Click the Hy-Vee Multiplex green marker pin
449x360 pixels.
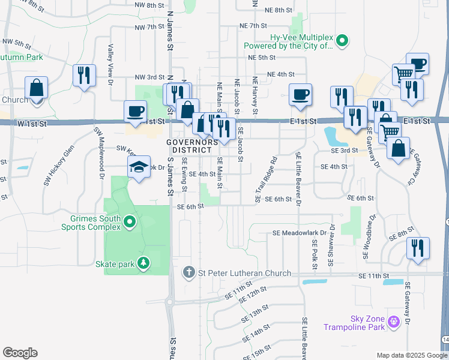coord(342,41)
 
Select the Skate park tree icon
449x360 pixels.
coord(143,263)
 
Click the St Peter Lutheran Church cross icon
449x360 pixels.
coord(189,273)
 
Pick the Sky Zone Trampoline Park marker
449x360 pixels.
coord(394,322)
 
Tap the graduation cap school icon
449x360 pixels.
coord(139,167)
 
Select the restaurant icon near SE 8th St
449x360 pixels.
coord(418,248)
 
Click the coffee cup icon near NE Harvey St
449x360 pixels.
coord(300,94)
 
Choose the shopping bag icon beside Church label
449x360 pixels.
coord(37,88)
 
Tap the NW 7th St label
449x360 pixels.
coord(149,28)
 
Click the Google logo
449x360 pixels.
coord(20,352)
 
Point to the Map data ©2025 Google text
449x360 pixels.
coord(411,355)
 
